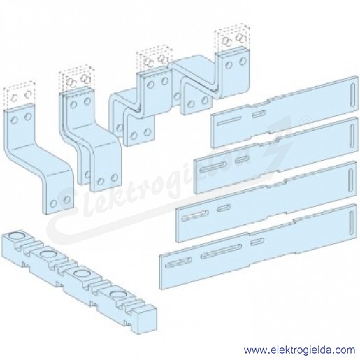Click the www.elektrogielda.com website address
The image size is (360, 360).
click(299, 350)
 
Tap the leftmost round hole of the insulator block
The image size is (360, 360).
click(15, 237)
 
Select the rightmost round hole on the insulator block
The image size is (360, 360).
click(117, 295)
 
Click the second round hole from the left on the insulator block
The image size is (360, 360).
click(47, 254)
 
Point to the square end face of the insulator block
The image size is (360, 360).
click(147, 320)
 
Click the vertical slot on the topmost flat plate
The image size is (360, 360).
click(353, 92)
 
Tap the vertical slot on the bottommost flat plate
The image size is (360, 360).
click(352, 222)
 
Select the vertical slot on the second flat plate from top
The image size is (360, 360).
click(353, 133)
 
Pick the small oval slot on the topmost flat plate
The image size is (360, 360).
click(259, 114)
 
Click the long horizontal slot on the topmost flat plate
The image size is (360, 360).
click(229, 121)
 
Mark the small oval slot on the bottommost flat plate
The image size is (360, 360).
click(257, 241)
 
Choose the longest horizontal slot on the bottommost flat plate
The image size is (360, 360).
click(222, 251)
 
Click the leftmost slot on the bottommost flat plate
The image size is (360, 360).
click(178, 262)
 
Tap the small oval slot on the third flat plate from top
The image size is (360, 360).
click(224, 208)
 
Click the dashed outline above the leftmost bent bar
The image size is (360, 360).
click(20, 95)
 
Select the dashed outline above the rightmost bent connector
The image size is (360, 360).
click(233, 38)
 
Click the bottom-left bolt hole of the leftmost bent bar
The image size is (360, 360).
click(53, 203)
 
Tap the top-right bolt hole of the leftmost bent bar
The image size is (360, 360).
click(28, 116)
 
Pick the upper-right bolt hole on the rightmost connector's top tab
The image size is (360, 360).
click(243, 62)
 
